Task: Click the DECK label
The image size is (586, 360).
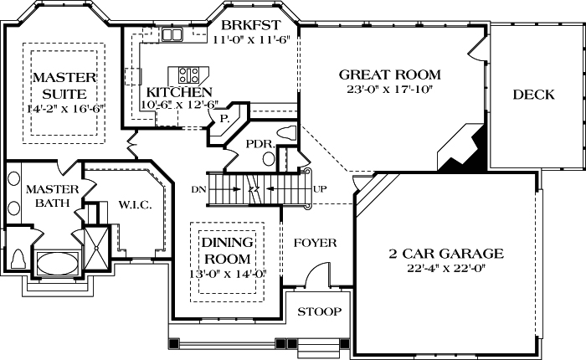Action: [533, 95]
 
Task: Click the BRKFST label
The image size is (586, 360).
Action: [250, 25]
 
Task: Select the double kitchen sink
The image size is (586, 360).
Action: [172, 34]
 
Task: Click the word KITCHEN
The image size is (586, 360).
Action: [179, 91]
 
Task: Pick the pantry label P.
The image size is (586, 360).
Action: [224, 120]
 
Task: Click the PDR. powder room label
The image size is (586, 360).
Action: [260, 144]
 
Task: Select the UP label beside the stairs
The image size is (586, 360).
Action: [320, 188]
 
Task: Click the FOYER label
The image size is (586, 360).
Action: [316, 243]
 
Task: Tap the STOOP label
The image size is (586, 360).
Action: [320, 311]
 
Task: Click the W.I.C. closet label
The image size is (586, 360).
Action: [136, 204]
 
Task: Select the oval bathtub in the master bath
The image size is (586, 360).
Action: [55, 263]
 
